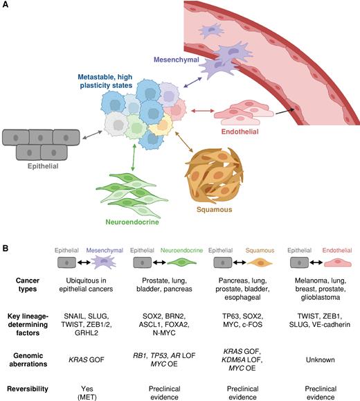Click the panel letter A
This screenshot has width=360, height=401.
(6, 6)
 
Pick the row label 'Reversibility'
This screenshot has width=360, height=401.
(33, 384)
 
